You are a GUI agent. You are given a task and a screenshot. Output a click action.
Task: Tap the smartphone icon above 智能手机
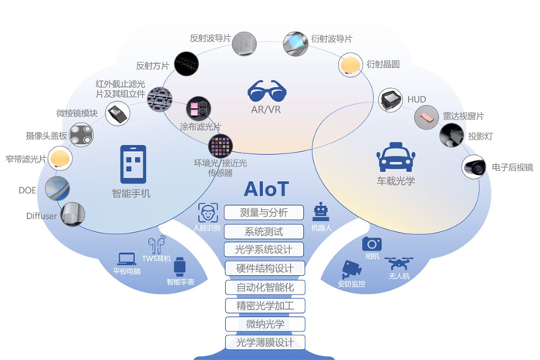[133, 164]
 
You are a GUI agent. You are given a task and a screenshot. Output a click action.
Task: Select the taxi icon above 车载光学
[396, 160]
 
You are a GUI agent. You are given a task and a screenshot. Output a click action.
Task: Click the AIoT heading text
[265, 189]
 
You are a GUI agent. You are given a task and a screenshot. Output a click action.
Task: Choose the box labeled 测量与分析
[264, 212]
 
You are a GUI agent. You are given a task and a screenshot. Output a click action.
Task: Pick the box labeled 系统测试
[264, 230]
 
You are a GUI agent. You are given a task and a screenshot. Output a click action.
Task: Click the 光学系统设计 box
[264, 249]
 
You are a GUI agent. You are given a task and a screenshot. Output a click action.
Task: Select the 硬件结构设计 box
[264, 268]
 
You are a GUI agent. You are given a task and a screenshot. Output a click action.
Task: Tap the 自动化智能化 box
[264, 287]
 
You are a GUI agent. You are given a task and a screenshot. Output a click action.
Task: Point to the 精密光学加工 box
[264, 305]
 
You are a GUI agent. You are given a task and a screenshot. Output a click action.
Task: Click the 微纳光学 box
[264, 324]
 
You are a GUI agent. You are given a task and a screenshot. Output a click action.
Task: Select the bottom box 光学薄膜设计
[264, 342]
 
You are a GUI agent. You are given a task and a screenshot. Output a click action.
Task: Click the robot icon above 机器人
[321, 213]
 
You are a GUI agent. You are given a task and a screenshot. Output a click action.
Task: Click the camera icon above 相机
[371, 244]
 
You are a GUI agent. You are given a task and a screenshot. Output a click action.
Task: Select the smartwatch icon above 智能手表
[180, 267]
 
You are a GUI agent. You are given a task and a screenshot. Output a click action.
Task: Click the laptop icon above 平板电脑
[127, 260]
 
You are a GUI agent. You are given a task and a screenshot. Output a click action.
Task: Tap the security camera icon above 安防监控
[352, 271]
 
